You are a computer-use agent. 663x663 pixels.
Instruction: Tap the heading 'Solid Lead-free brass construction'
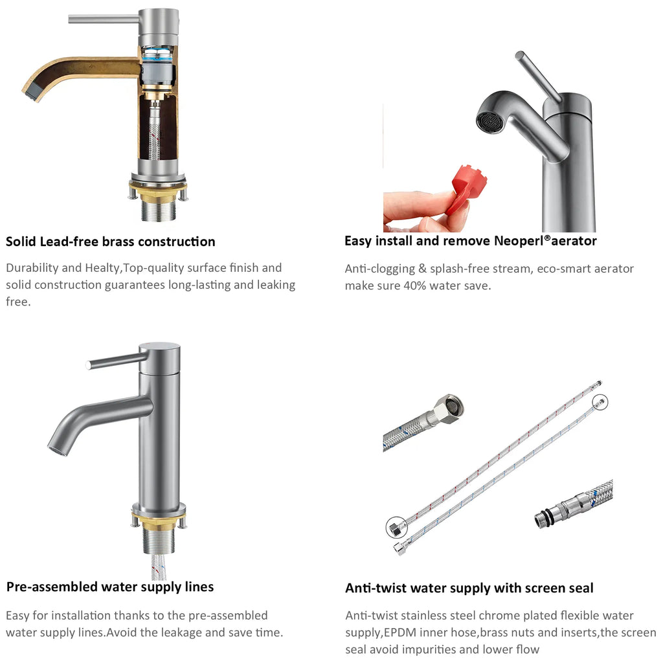click(110, 242)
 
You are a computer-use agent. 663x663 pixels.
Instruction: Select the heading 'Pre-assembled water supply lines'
click(110, 587)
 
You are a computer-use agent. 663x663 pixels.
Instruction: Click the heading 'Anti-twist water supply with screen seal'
click(469, 588)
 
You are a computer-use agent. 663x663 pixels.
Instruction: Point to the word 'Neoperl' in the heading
click(519, 241)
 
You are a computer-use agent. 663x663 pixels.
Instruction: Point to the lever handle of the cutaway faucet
click(104, 19)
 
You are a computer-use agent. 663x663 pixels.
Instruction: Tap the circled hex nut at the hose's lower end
click(396, 528)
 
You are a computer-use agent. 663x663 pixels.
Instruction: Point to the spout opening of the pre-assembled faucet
click(58, 451)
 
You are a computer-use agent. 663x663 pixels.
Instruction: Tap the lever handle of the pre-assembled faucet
click(117, 361)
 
